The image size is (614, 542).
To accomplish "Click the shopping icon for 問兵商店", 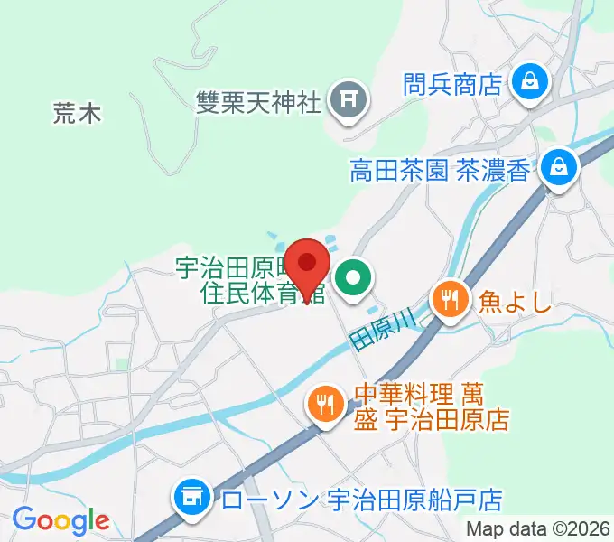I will [526, 84].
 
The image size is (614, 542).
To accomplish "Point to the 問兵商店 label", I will [452, 85].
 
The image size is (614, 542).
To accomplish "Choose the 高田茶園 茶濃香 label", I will [440, 170].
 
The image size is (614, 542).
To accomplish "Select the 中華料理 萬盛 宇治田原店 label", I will [431, 407].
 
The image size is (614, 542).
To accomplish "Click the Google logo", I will [60, 519].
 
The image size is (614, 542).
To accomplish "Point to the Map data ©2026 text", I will [538, 529].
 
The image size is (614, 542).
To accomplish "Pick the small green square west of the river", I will [121, 365].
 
